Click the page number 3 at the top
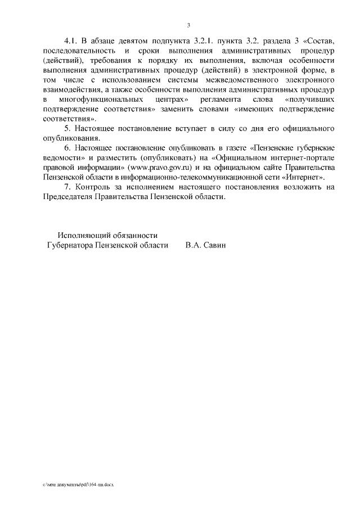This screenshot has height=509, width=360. click(x=189, y=25)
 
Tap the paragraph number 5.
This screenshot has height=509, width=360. click(x=68, y=128)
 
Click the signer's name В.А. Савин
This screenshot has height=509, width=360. click(x=205, y=245)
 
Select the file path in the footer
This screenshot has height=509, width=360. click(x=78, y=484)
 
